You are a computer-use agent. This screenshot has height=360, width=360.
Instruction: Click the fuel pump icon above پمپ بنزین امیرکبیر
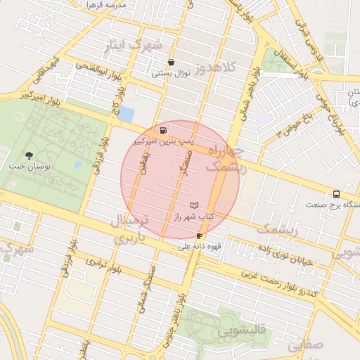(164, 130)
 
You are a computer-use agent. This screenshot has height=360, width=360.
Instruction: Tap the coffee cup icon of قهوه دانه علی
(200, 236)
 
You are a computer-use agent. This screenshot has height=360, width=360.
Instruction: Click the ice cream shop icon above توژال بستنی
(171, 62)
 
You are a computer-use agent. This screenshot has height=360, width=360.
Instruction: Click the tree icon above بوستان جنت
(28, 155)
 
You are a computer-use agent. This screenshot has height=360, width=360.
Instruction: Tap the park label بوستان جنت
(27, 167)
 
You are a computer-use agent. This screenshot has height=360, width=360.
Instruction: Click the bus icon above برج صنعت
(335, 195)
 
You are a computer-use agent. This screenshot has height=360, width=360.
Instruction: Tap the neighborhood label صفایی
(303, 345)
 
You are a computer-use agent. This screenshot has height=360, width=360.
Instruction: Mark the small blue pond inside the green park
(77, 166)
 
